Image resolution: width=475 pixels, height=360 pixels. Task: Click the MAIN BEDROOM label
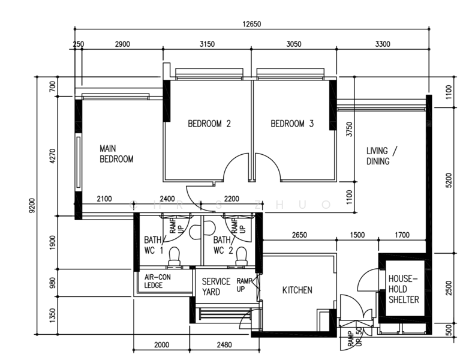point(116,154)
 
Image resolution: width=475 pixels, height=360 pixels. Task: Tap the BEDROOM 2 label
point(209,124)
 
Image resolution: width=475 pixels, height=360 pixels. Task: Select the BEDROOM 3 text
point(292,124)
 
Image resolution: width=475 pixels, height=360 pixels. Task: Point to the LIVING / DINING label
point(381,155)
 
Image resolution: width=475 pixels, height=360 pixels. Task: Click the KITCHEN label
point(297,290)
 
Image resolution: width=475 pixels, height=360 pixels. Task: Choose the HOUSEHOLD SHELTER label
point(404,289)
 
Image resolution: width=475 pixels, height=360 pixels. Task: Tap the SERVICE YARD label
point(216,286)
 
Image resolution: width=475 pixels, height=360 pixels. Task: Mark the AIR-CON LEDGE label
point(157,281)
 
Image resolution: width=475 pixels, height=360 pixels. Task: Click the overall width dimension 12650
point(251,24)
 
